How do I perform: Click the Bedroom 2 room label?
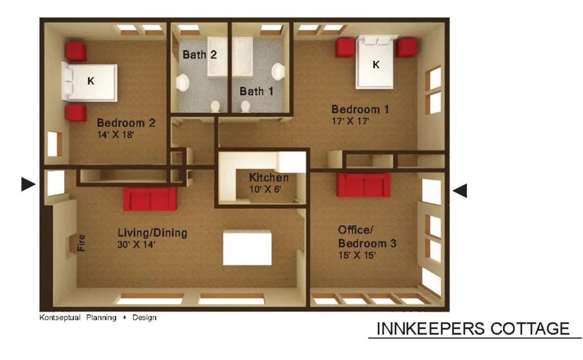coord(126,122)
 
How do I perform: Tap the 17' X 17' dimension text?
coord(350,121)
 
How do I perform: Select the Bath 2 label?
coord(199,55)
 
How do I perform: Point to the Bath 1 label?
coord(257,91)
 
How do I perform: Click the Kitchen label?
coord(269,177)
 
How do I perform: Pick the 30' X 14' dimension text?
coord(136,245)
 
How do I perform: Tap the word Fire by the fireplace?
coord(81,242)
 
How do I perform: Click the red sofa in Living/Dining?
coord(150,199)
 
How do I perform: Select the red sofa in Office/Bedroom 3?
coord(364,185)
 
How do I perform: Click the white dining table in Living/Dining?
coord(247,248)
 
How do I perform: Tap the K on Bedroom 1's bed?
coord(376,65)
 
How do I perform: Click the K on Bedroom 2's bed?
coord(91,80)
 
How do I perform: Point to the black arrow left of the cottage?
coord(28,184)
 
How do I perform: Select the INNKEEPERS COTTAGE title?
coord(473,329)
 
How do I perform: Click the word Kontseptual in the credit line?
coord(60,317)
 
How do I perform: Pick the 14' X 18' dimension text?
coord(115,135)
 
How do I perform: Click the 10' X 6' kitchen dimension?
coord(265,189)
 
